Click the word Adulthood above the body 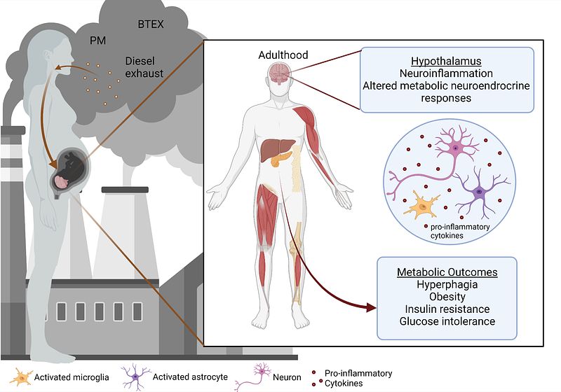(x=283, y=55)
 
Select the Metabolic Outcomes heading (x=447, y=271)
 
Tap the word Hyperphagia (x=447, y=284)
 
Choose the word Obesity (x=447, y=297)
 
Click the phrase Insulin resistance (x=447, y=309)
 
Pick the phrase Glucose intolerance (x=447, y=321)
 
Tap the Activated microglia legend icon (x=22, y=377)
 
